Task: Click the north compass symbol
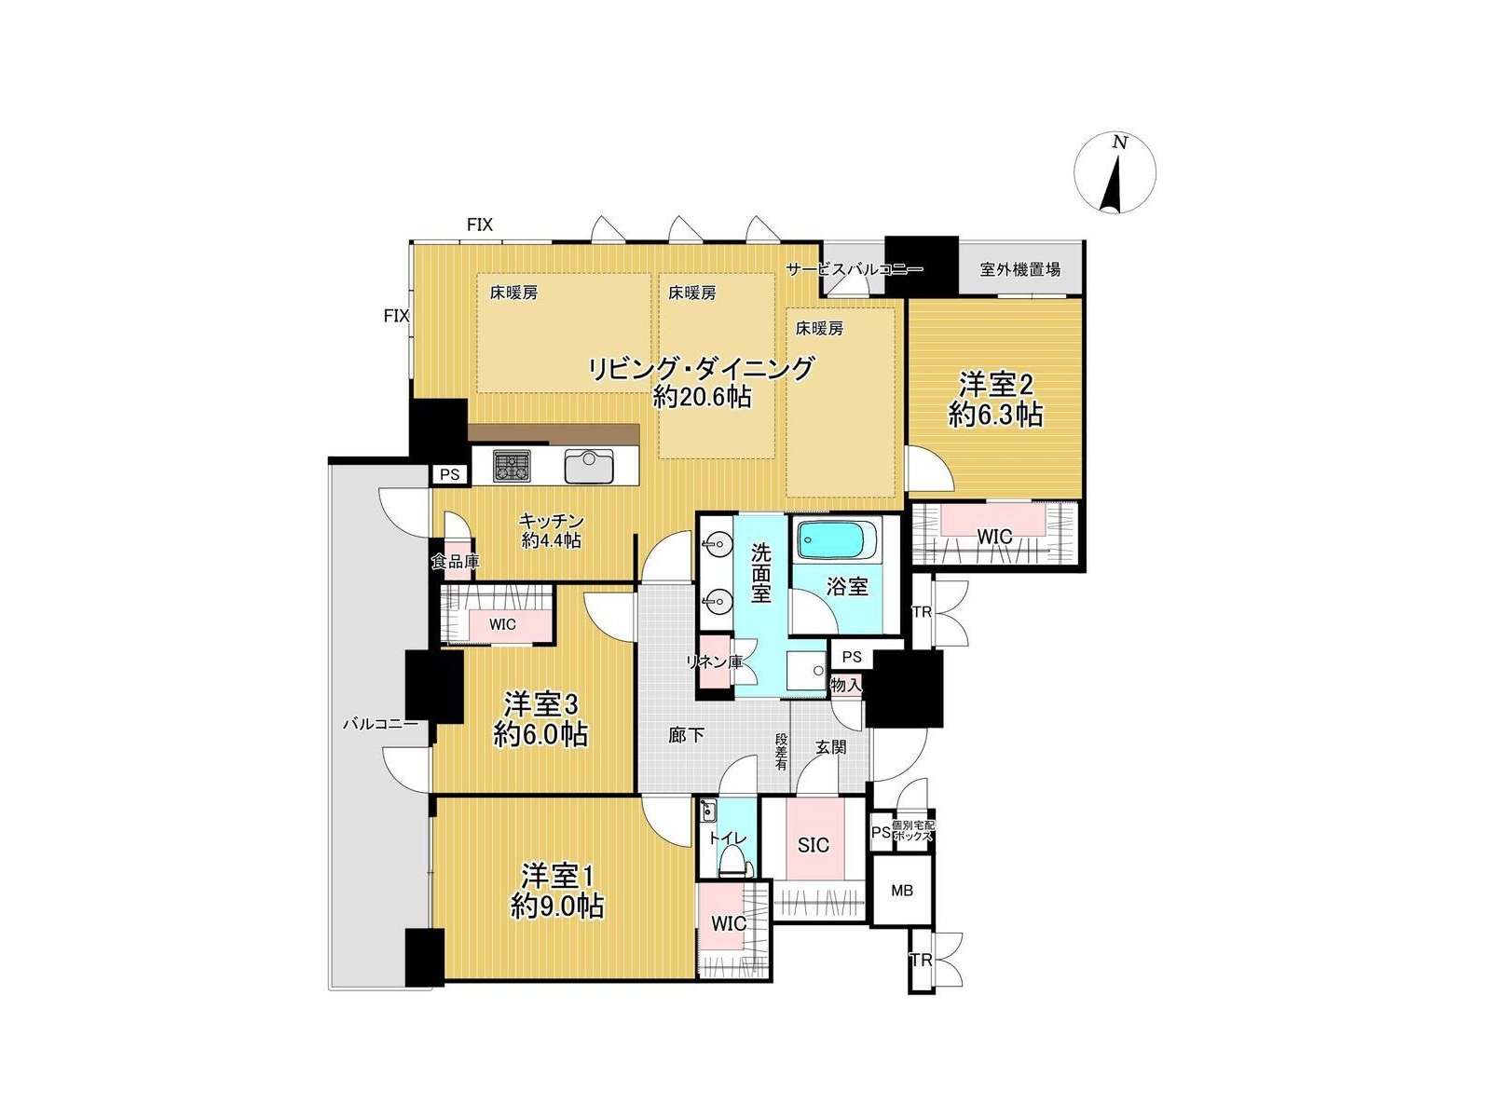point(1114,173)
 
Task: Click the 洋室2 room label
point(996,386)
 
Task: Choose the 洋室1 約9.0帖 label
point(557,890)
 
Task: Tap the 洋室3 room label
point(540,704)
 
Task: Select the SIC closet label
point(814,844)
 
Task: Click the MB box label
point(902,890)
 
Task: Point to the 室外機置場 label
point(1019,269)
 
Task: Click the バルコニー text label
point(379,724)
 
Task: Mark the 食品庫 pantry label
point(456,562)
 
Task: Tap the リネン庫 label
point(714,661)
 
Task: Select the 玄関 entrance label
point(830,747)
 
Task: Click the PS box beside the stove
point(450,474)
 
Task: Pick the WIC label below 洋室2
point(994,537)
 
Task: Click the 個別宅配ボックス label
point(913,831)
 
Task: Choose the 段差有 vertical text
point(781,750)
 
